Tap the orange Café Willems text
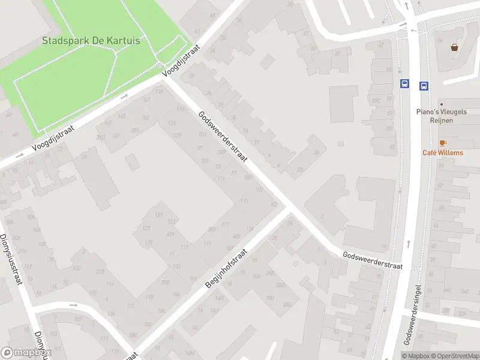click(443, 152)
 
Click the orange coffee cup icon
click(443, 143)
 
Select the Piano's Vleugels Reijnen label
click(443, 116)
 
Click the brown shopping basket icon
click(455, 47)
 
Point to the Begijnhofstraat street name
click(226, 267)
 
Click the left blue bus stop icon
click(405, 85)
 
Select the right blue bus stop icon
click(424, 86)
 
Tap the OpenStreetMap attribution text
click(454, 356)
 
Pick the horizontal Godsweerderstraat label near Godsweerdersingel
click(372, 260)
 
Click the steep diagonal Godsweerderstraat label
click(223, 137)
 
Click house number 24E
click(287, 304)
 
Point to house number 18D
click(269, 298)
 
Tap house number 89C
click(376, 101)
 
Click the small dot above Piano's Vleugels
click(441, 104)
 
